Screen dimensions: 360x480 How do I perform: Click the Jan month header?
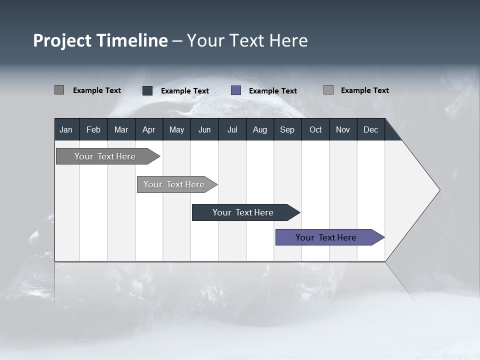(66, 129)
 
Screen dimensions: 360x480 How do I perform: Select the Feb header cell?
(93, 129)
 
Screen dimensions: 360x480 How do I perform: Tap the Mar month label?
(121, 129)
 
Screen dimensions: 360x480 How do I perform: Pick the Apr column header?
(148, 129)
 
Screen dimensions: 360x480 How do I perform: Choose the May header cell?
(176, 129)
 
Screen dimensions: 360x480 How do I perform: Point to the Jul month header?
(232, 129)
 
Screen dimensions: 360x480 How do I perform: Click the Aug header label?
(259, 129)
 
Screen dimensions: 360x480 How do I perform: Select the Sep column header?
(287, 129)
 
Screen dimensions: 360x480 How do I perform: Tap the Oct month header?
(315, 129)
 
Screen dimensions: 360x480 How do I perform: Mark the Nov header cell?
(343, 129)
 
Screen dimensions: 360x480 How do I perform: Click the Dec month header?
(370, 129)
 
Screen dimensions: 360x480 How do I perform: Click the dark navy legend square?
(147, 90)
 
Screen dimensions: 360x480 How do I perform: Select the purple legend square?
(236, 90)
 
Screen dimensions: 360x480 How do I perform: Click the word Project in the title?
(63, 40)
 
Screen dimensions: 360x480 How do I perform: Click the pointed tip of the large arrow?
(438, 190)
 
